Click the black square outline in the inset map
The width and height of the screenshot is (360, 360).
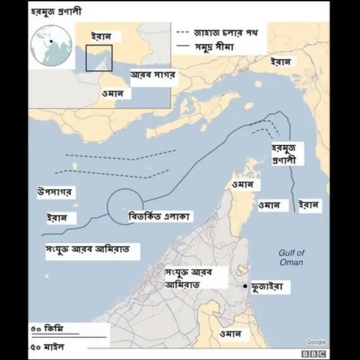[99, 58]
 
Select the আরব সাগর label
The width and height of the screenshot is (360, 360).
[154, 75]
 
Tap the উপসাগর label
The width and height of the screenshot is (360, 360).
[54, 192]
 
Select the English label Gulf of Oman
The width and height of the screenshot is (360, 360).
[291, 258]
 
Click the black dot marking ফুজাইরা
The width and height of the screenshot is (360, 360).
[246, 287]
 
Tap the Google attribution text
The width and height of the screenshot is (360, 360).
[316, 341]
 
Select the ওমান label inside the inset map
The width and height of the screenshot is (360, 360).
[113, 93]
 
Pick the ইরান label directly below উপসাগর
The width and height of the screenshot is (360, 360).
[58, 218]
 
